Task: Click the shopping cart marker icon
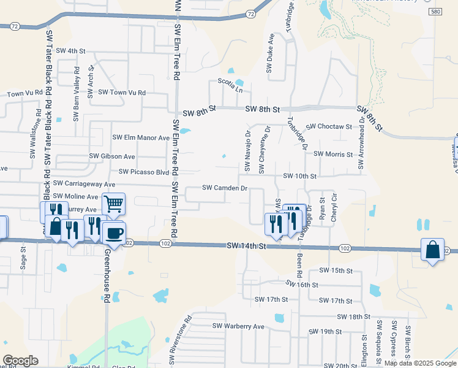pyautogui.click(x=113, y=204)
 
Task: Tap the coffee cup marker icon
pyautogui.click(x=113, y=232)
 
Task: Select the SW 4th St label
pyautogui.click(x=71, y=51)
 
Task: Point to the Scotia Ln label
pyautogui.click(x=230, y=82)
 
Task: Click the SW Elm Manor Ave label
pyautogui.click(x=140, y=138)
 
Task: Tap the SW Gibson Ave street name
pyautogui.click(x=112, y=156)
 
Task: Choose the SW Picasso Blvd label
pyautogui.click(x=144, y=172)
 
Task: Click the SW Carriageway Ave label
pyautogui.click(x=84, y=183)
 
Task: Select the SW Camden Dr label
pyautogui.click(x=225, y=188)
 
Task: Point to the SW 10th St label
pyautogui.click(x=299, y=176)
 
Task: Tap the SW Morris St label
pyautogui.click(x=333, y=155)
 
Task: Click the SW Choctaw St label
pyautogui.click(x=329, y=126)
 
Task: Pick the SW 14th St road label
pyautogui.click(x=247, y=246)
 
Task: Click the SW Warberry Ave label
pyautogui.click(x=238, y=326)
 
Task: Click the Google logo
pyautogui.click(x=20, y=361)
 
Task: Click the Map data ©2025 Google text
pyautogui.click(x=420, y=363)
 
